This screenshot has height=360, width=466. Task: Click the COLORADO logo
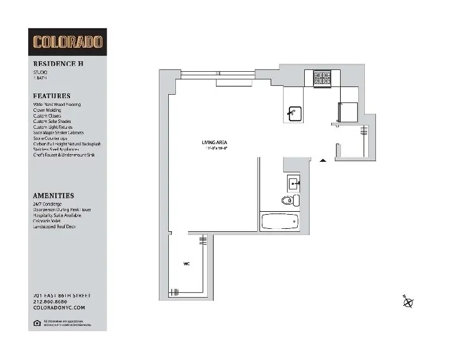pyautogui.click(x=68, y=42)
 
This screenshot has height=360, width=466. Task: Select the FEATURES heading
pyautogui.click(x=52, y=96)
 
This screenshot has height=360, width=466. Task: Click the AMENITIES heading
pyautogui.click(x=54, y=195)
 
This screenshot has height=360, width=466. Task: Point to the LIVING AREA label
pyautogui.click(x=214, y=142)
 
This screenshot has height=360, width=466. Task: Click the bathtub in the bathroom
pyautogui.click(x=280, y=222)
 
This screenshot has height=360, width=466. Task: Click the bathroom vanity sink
pyautogui.click(x=294, y=183)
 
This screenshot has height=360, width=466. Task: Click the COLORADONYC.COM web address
pyautogui.click(x=59, y=307)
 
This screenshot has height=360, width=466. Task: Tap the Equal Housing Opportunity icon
pyautogui.click(x=37, y=322)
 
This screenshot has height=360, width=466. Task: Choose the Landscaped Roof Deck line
pyautogui.click(x=55, y=226)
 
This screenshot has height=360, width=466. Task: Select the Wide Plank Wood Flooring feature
pyautogui.click(x=57, y=105)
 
